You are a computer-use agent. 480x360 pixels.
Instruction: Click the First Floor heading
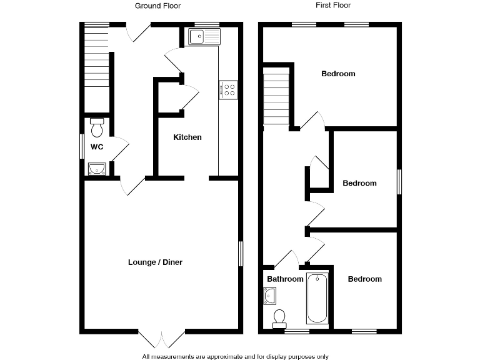coord(334,6)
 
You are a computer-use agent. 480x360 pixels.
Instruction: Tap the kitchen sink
coord(204,37)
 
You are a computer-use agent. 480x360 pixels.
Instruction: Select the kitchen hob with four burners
coord(227,90)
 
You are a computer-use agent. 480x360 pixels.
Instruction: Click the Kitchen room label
coord(187,137)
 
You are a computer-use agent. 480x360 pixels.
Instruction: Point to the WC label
coord(97,147)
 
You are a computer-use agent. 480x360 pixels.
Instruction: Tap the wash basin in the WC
coord(97,168)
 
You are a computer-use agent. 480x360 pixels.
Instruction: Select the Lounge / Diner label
coord(155,262)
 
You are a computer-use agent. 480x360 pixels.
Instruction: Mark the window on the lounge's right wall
coord(241,254)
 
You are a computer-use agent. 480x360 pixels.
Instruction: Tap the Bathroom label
coord(285,279)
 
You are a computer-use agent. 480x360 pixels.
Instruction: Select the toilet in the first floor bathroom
coord(279,318)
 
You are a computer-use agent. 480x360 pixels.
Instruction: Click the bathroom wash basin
coord(269,296)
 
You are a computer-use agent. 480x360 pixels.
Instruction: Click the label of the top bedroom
coord(338,74)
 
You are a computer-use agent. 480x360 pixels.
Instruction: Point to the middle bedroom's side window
coord(399,183)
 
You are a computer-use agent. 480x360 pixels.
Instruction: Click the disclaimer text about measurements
coord(235,356)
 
